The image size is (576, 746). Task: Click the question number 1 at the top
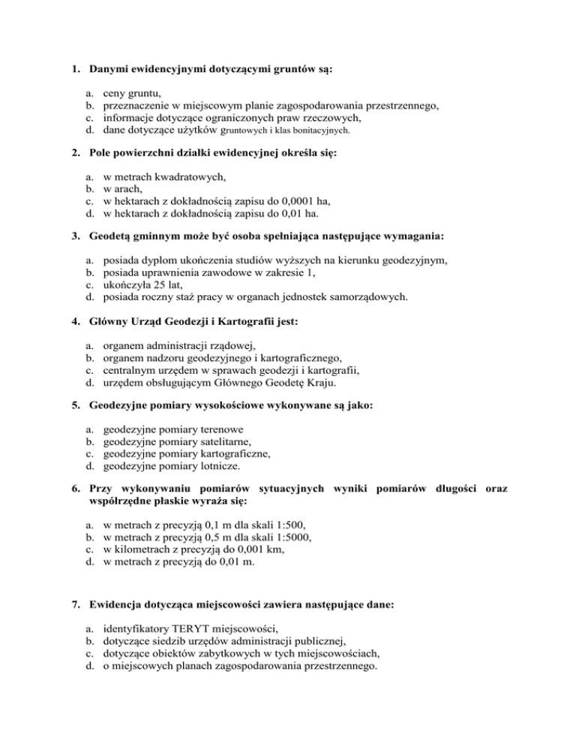point(65,70)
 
